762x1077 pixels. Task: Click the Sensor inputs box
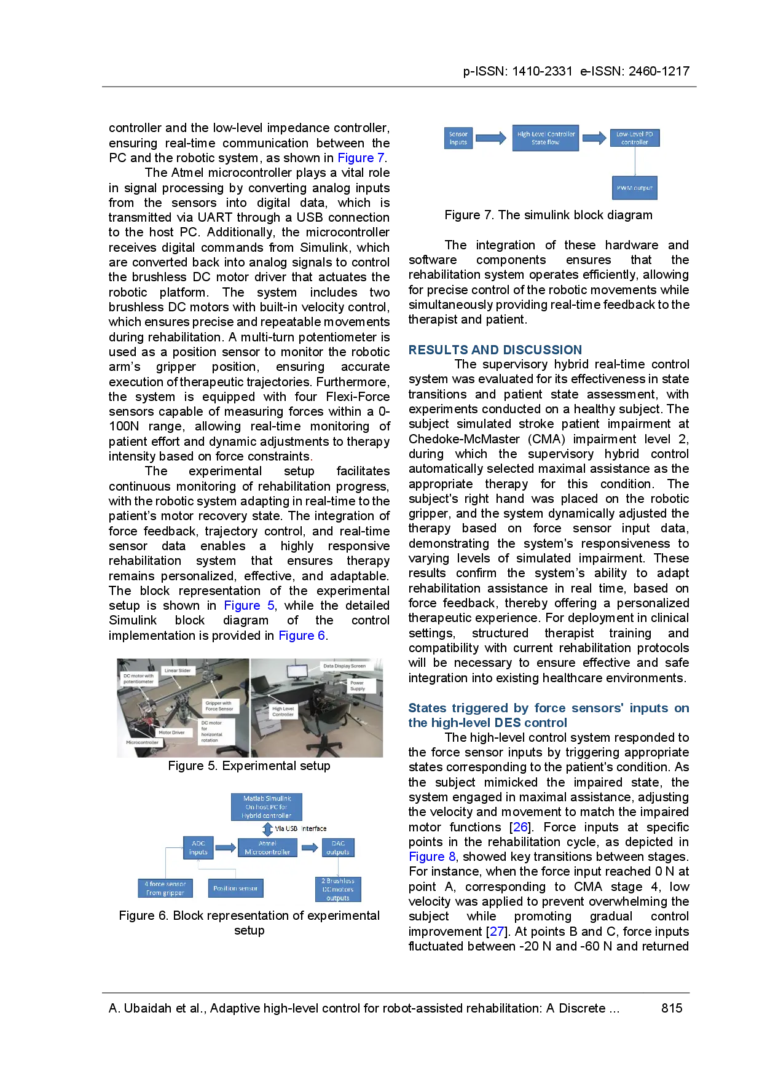(x=458, y=138)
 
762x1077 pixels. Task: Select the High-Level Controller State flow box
(x=546, y=138)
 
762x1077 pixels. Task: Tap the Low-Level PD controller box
(x=634, y=138)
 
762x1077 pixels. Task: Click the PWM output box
(x=634, y=188)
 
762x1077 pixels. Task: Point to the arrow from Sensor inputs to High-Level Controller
(x=491, y=138)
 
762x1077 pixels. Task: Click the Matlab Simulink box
(x=267, y=807)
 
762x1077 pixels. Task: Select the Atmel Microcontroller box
(x=267, y=848)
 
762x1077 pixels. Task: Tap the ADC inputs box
(x=198, y=848)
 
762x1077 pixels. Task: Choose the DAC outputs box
(x=338, y=848)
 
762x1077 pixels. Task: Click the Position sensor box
(x=235, y=888)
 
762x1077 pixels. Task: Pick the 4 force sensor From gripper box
(x=165, y=888)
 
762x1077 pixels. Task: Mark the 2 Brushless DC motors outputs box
(x=338, y=889)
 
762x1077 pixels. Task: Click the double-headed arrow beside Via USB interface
(x=267, y=829)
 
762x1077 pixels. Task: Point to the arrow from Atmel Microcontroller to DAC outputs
(x=309, y=848)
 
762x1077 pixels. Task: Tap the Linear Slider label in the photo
(x=178, y=671)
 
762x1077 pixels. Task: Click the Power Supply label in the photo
(x=357, y=686)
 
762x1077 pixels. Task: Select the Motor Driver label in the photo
(x=171, y=733)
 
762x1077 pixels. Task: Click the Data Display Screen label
(x=344, y=666)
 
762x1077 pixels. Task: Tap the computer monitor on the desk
(x=298, y=671)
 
